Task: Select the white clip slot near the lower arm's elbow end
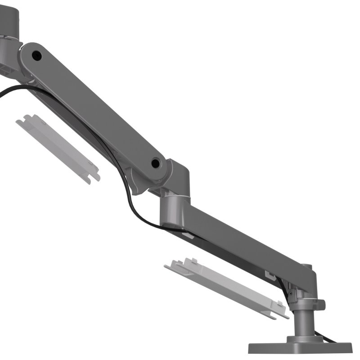click(x=189, y=235)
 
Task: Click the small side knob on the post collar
click(x=320, y=305)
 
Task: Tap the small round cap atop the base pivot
click(x=306, y=266)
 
